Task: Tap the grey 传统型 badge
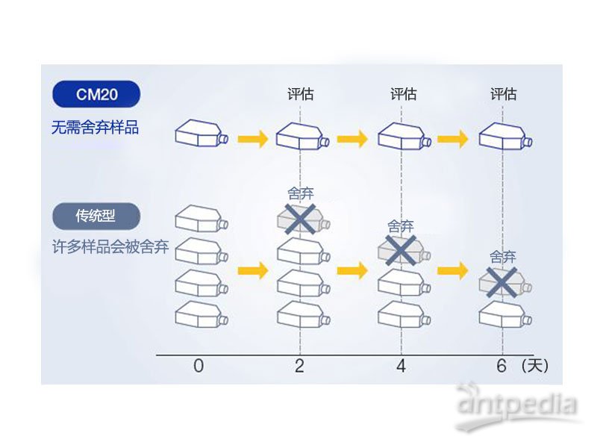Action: (x=96, y=217)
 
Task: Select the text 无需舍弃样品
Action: (x=95, y=127)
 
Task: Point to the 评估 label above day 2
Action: (x=301, y=94)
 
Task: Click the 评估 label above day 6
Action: (x=503, y=94)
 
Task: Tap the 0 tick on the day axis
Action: (x=198, y=366)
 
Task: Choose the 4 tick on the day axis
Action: (x=401, y=366)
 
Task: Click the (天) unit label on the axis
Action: (x=535, y=366)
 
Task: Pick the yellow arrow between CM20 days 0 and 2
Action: (x=252, y=138)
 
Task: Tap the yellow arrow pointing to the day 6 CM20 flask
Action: (x=452, y=138)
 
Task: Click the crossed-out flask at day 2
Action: (x=301, y=219)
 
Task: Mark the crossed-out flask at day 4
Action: (x=401, y=251)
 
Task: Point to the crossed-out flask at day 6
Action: (x=503, y=282)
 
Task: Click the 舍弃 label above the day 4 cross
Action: (x=401, y=225)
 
